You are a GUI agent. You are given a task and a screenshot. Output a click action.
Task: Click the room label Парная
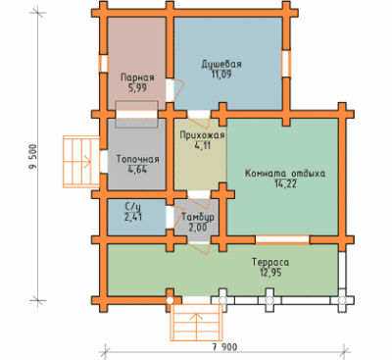point(137,77)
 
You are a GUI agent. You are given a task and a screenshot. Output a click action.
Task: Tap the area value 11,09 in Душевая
point(221,75)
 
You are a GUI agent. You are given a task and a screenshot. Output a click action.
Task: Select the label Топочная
point(138,160)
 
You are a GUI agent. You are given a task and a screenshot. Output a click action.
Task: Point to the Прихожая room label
point(202,135)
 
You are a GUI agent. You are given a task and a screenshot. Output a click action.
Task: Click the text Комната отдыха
point(285,174)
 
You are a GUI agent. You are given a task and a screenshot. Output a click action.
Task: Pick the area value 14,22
point(286,184)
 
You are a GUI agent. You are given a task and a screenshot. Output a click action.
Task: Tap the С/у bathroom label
point(133,206)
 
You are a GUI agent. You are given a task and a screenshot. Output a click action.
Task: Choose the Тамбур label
point(198,217)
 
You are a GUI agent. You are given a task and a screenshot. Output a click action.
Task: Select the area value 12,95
point(271,273)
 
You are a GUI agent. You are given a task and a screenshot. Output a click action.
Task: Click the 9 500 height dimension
point(33,156)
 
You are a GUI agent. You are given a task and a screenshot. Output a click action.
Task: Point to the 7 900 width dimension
point(224,347)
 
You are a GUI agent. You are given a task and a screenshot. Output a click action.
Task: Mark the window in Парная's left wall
point(103,64)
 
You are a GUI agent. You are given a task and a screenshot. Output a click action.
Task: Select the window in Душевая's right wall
point(286,64)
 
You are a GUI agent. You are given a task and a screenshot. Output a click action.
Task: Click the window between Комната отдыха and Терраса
point(282,239)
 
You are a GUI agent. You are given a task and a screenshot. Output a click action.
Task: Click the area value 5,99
point(137,88)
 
